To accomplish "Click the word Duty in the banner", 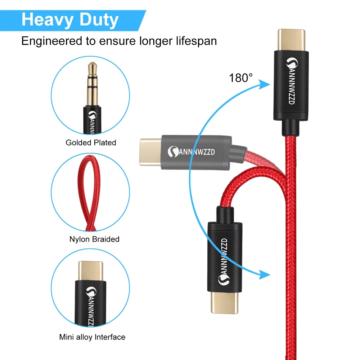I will (98, 19).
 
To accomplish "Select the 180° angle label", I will (241, 77).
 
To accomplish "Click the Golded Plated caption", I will (91, 143).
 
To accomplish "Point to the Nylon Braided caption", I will (94, 239).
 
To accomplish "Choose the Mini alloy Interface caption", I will (92, 337).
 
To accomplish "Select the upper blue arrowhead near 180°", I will (265, 84).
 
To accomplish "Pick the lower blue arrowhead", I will (265, 275).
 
